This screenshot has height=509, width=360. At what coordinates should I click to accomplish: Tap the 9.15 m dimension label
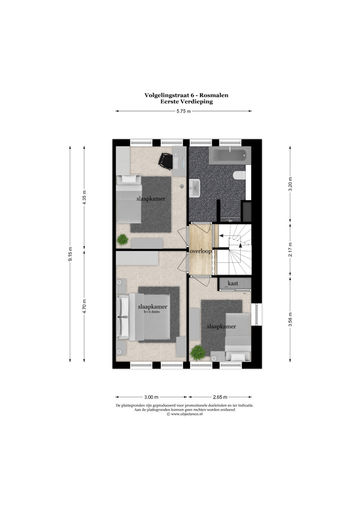70,254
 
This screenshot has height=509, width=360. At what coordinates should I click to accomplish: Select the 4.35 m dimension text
84,197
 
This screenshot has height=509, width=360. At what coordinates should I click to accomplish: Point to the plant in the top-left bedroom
123,240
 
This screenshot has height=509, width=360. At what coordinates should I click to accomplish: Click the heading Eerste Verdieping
187,102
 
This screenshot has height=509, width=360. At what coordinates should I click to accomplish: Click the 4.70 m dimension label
84,306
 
